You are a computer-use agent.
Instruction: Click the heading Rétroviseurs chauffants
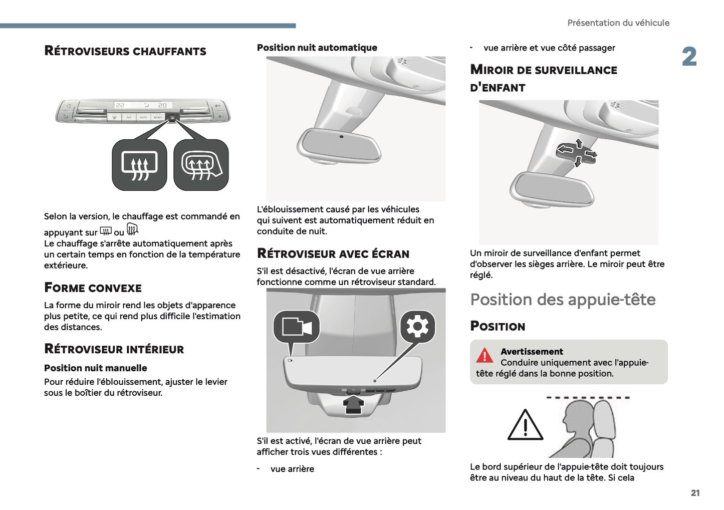pyautogui.click(x=125, y=51)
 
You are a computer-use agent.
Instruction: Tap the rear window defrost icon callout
pyautogui.click(x=139, y=165)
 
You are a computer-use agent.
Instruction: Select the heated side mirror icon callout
pyautogui.click(x=201, y=165)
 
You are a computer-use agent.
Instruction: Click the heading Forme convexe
pyautogui.click(x=93, y=288)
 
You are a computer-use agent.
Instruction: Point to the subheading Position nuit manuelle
pyautogui.click(x=96, y=368)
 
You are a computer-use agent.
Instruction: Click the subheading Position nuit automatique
pyautogui.click(x=317, y=48)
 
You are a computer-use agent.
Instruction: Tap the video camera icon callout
pyautogui.click(x=296, y=327)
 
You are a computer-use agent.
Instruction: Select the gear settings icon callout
pyautogui.click(x=417, y=327)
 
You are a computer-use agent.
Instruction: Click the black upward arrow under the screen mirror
pyautogui.click(x=353, y=404)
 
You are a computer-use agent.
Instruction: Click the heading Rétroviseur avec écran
pyautogui.click(x=333, y=253)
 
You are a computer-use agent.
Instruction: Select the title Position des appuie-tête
pyautogui.click(x=563, y=300)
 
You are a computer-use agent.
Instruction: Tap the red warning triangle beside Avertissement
pyautogui.click(x=485, y=355)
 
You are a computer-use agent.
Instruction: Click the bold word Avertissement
pyautogui.click(x=532, y=352)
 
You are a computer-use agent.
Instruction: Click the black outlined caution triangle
pyautogui.click(x=525, y=426)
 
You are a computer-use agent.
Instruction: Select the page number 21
pyautogui.click(x=695, y=493)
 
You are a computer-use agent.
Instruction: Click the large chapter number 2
pyautogui.click(x=689, y=57)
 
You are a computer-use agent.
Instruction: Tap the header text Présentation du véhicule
pyautogui.click(x=618, y=23)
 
